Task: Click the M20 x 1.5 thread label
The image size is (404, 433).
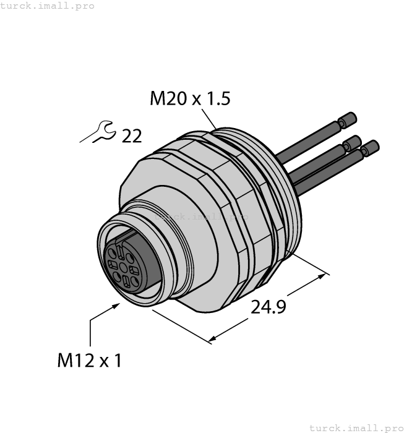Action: pos(190,98)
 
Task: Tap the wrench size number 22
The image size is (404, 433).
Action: pos(131,135)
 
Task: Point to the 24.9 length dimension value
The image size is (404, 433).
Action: pos(268,307)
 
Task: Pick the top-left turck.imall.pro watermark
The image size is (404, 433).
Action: pos(48,6)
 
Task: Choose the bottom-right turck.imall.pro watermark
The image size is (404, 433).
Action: pos(356,427)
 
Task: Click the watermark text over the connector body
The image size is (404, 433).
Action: pos(201,217)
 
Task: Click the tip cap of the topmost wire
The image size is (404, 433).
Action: pos(350,118)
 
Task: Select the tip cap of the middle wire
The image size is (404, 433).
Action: pos(353,142)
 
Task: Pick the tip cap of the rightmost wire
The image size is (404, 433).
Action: pos(371,147)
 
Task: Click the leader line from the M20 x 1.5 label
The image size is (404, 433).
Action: pos(208,118)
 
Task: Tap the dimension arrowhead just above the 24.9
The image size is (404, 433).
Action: pos(323,272)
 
